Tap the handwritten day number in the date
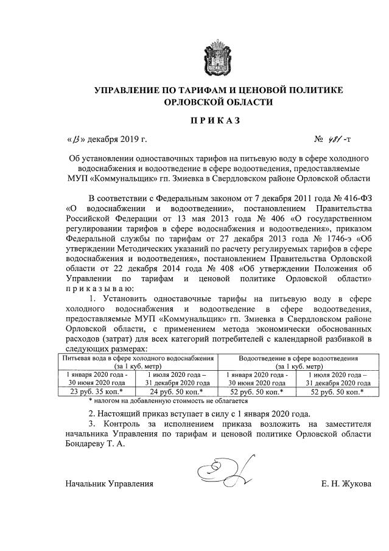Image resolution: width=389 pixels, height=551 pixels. pos(76,142)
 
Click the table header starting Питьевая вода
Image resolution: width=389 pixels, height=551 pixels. pos(142,359)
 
